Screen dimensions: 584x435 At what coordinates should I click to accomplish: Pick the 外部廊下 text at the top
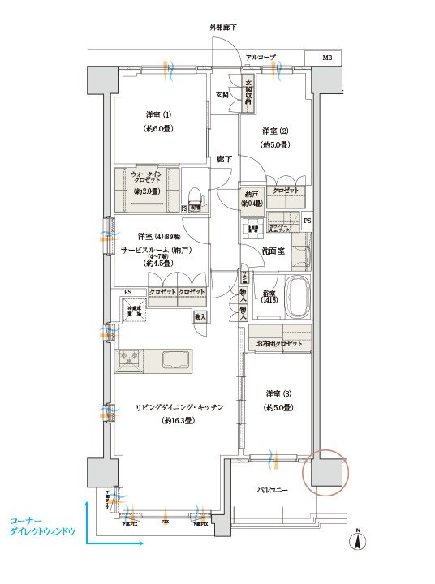[x=223, y=28]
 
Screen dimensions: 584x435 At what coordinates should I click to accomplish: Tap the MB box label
[x=327, y=58]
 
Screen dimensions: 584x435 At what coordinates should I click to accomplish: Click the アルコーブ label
[x=261, y=57]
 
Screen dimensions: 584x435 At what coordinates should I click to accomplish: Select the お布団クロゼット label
[x=279, y=344]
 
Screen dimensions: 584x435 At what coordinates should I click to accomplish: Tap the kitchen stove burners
[x=129, y=359]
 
